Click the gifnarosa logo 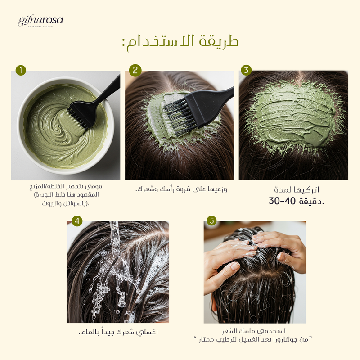[x=40, y=22]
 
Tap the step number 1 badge [x=21, y=70]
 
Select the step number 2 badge [x=135, y=70]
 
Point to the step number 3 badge [x=246, y=70]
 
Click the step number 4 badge [x=77, y=221]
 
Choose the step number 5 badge [x=211, y=220]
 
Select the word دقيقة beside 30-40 [x=310, y=202]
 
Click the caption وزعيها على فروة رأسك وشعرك [x=181, y=189]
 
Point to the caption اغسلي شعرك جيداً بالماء [x=118, y=332]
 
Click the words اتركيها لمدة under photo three [x=297, y=189]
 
